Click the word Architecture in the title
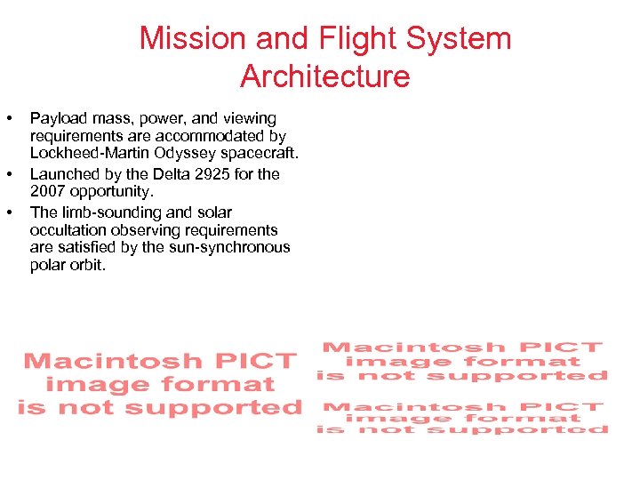tap(324, 76)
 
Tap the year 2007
tap(47, 191)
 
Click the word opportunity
tap(108, 191)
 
